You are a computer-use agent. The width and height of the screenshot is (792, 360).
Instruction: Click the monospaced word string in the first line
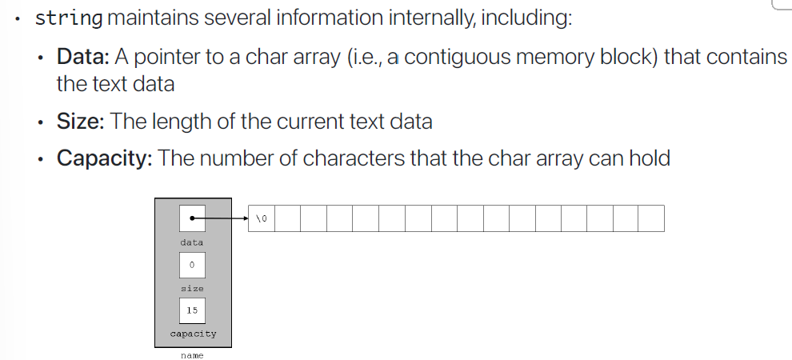pyautogui.click(x=69, y=18)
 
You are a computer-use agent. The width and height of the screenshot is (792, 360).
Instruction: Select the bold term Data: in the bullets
pyautogui.click(x=83, y=58)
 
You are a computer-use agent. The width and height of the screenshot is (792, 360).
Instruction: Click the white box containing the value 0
pyautogui.click(x=192, y=265)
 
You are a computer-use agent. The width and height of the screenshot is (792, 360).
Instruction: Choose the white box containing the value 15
pyautogui.click(x=192, y=310)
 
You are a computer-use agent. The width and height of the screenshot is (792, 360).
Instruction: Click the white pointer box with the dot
pyautogui.click(x=192, y=218)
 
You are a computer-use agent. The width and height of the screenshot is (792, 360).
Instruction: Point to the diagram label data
pyautogui.click(x=192, y=242)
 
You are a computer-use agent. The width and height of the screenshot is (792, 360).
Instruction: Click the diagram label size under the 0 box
pyautogui.click(x=192, y=288)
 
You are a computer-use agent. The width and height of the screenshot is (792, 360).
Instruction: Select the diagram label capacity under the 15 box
pyautogui.click(x=193, y=334)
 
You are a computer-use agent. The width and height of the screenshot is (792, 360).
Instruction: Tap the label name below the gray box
pyautogui.click(x=192, y=354)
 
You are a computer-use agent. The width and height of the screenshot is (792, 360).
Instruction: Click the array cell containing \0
pyautogui.click(x=262, y=218)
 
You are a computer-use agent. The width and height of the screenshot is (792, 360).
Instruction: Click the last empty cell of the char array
pyautogui.click(x=651, y=218)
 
